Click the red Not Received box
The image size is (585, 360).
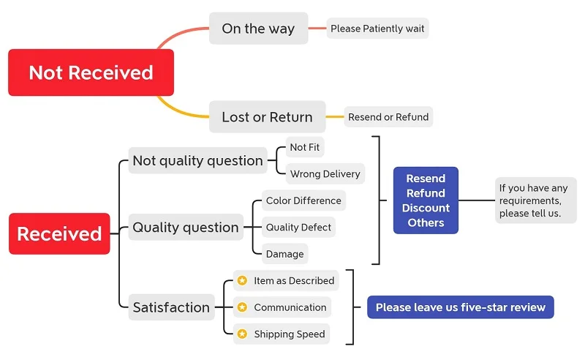click(91, 72)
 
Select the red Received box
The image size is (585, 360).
click(59, 234)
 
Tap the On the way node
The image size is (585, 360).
click(258, 29)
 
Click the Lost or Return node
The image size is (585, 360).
click(267, 117)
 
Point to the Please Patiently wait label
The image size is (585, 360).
click(377, 29)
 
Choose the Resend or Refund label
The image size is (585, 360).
click(388, 117)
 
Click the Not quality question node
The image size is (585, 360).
click(197, 161)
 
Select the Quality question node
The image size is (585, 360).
click(186, 228)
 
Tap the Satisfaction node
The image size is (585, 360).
click(171, 307)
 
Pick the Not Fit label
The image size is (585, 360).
click(304, 147)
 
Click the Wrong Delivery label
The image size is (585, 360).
click(325, 174)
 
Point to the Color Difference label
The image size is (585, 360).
click(303, 200)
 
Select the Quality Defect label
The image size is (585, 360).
click(298, 228)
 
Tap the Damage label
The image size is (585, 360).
click(284, 254)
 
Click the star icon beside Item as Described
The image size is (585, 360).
click(242, 280)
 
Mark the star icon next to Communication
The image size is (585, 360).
click(242, 307)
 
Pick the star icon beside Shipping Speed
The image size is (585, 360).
click(242, 334)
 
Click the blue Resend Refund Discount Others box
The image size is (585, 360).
click(426, 200)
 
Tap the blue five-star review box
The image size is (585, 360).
click(461, 307)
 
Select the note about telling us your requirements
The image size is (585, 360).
click(535, 200)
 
